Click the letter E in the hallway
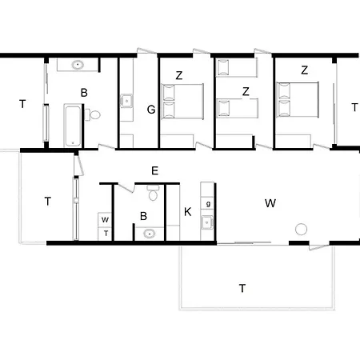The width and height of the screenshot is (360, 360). pyautogui.click(x=154, y=170)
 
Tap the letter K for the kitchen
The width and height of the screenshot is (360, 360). pyautogui.click(x=187, y=212)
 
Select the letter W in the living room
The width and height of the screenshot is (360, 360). pyautogui.click(x=270, y=203)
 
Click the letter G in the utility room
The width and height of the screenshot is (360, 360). pyautogui.click(x=151, y=110)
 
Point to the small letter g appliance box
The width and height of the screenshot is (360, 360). pyautogui.click(x=208, y=204)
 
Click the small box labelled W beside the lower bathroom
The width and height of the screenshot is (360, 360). pyautogui.click(x=105, y=219)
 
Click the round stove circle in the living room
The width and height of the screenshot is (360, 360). pyautogui.click(x=301, y=230)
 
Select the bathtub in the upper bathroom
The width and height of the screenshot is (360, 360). pyautogui.click(x=72, y=126)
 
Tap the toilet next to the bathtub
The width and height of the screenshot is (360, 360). pyautogui.click(x=93, y=115)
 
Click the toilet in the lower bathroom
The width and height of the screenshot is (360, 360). pyautogui.click(x=153, y=192)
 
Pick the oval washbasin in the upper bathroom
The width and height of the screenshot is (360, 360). pyautogui.click(x=78, y=65)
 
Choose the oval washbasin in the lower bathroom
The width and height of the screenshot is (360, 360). pyautogui.click(x=150, y=234)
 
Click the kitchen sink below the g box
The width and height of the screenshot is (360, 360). pyautogui.click(x=207, y=222)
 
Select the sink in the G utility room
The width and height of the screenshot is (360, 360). pyautogui.click(x=126, y=101)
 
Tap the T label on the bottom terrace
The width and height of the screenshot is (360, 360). pyautogui.click(x=242, y=289)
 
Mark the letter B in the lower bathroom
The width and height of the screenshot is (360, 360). pyautogui.click(x=143, y=216)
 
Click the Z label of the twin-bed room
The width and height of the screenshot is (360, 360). pyautogui.click(x=246, y=92)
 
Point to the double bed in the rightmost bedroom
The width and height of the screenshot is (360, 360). pyautogui.click(x=298, y=100)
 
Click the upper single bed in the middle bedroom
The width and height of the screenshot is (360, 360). pyautogui.click(x=237, y=67)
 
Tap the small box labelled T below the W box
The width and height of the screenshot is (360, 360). pyautogui.click(x=105, y=234)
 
